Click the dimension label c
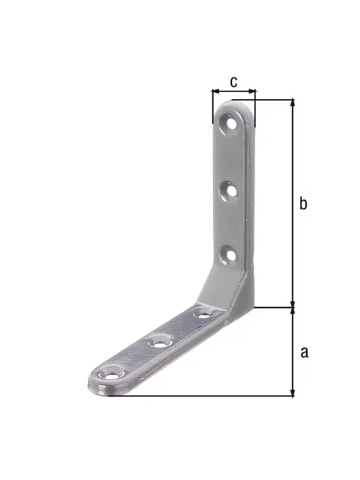point(234,82)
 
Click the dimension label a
point(304,352)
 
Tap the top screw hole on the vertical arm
point(230,123)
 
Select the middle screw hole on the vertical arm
point(229,190)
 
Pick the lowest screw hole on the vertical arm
point(229,255)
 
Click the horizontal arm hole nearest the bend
point(204,313)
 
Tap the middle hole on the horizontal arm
point(160,341)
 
